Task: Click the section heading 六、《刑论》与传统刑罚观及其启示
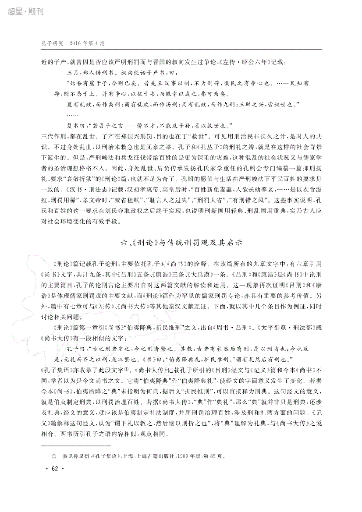tap(181, 241)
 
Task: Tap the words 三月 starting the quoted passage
tap(72, 72)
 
